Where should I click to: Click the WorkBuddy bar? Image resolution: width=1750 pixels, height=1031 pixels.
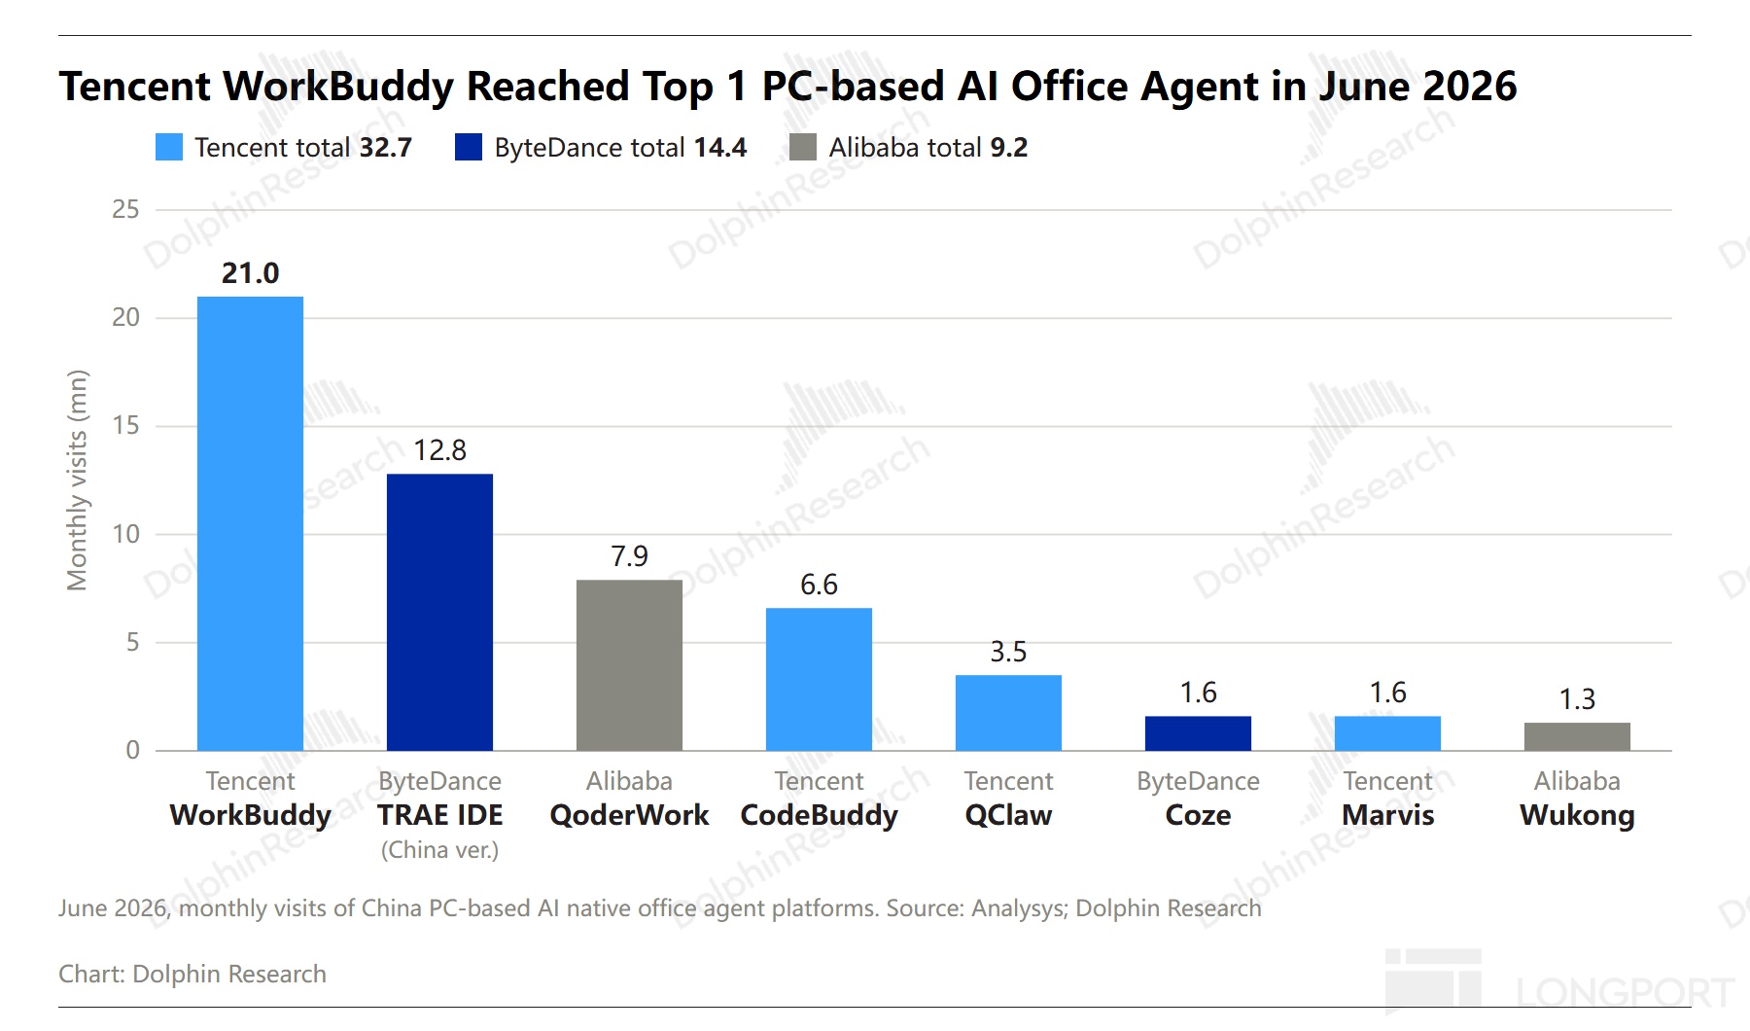[x=250, y=523]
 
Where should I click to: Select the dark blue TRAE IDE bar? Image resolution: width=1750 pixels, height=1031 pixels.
[x=439, y=612]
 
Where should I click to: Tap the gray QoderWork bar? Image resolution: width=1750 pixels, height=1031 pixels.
[x=629, y=665]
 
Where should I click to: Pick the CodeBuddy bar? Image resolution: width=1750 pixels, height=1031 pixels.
[x=819, y=679]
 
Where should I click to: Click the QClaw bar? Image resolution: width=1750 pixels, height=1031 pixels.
[x=1008, y=713]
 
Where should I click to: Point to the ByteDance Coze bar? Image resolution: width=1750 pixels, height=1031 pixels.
[x=1198, y=733]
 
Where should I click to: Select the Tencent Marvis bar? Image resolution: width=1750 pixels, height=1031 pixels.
[x=1387, y=733]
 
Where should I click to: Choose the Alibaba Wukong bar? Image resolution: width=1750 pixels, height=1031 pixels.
[x=1577, y=736]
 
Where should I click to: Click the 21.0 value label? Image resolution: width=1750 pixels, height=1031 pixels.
[x=250, y=273]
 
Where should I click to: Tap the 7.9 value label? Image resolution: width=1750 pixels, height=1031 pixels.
[x=629, y=556]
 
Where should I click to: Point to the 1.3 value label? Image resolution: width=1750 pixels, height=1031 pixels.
[x=1577, y=699]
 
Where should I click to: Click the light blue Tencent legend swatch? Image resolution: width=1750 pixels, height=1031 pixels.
[x=169, y=147]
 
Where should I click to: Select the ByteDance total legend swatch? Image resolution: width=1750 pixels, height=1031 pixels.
[x=469, y=147]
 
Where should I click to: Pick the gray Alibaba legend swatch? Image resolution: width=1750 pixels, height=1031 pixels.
[x=803, y=147]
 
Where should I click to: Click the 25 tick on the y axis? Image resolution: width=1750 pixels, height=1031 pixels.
[x=125, y=209]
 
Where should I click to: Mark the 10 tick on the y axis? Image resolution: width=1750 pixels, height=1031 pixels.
[x=125, y=534]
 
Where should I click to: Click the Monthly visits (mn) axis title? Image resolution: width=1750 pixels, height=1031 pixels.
[x=77, y=480]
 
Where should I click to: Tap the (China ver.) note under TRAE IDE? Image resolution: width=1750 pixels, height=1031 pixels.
[x=439, y=850]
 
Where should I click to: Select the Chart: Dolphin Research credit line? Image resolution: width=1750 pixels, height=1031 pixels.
[x=192, y=974]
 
